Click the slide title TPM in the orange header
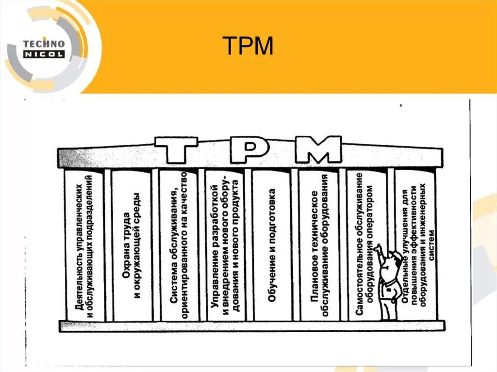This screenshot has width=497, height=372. (248, 46)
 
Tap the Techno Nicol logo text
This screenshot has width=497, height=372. (44, 49)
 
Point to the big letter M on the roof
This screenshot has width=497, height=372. (318, 150)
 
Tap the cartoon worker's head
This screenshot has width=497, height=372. (396, 259)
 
